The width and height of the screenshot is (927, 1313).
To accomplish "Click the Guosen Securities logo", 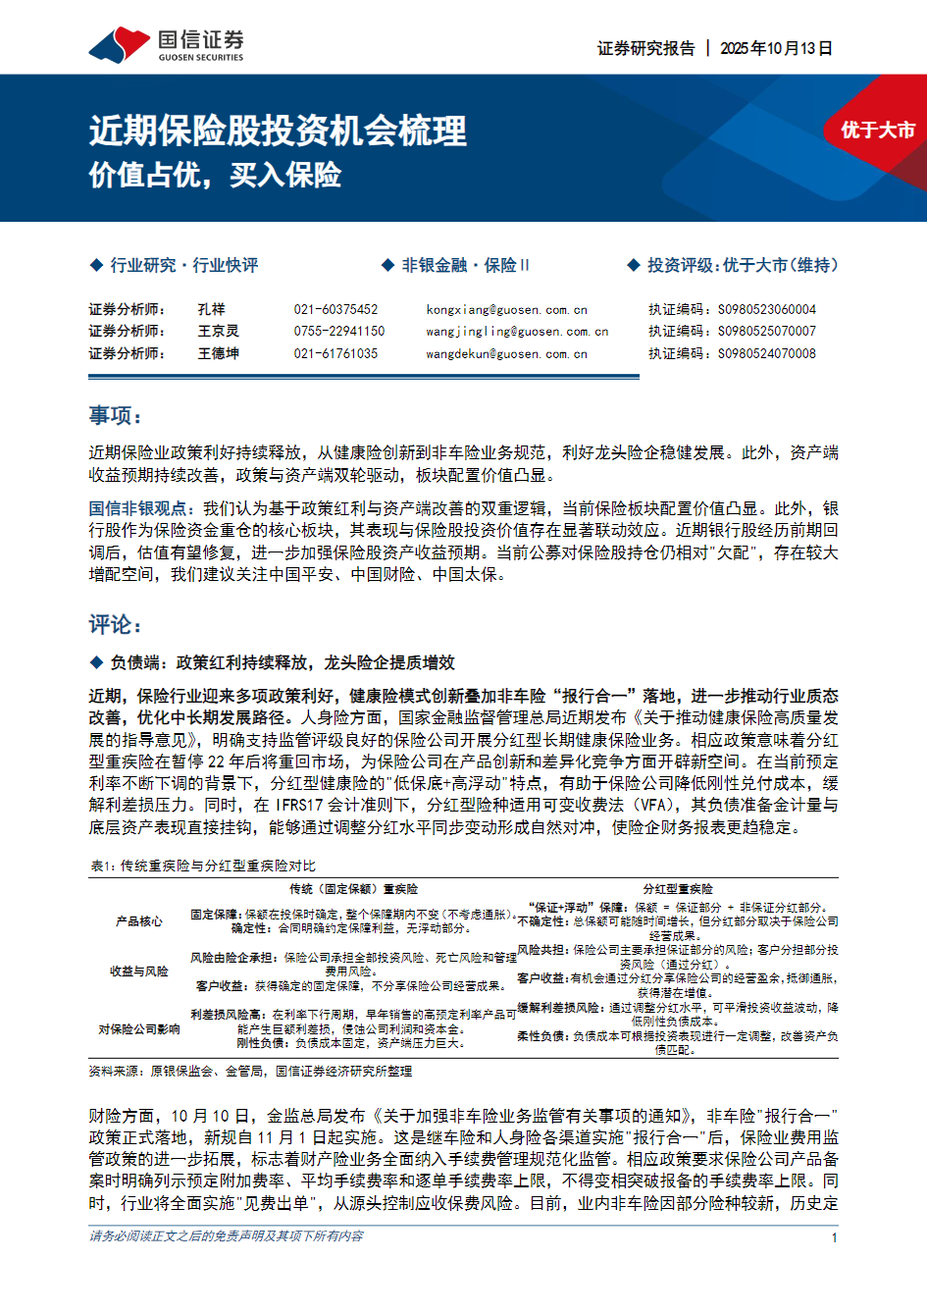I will click(166, 45).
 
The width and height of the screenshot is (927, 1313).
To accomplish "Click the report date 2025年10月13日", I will click(776, 48).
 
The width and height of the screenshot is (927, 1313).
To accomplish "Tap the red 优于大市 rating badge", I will click(877, 130).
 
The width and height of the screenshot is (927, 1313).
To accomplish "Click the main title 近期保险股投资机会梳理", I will click(278, 131).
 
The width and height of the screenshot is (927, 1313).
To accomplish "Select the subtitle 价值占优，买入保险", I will click(215, 175).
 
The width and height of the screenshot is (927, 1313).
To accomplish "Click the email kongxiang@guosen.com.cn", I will click(506, 309).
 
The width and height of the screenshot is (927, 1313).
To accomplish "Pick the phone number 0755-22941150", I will click(339, 332).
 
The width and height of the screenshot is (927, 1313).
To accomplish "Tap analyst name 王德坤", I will click(218, 353).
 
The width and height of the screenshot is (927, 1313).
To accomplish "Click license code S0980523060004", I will click(766, 309).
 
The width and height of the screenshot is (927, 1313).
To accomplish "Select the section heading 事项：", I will click(116, 416).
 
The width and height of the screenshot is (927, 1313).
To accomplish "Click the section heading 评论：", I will click(116, 625).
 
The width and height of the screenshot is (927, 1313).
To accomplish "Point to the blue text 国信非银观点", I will click(137, 508).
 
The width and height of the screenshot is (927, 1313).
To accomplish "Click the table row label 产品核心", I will click(138, 921).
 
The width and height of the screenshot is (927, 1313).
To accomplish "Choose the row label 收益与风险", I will click(138, 971).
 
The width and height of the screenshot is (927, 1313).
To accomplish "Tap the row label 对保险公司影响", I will click(138, 1028).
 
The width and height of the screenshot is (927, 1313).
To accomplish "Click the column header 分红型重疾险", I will click(678, 888).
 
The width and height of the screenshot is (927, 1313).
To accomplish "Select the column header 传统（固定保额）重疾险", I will click(353, 888).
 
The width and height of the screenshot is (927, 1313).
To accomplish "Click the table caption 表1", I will click(202, 866).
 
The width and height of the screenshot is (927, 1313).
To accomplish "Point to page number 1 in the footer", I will click(835, 1237).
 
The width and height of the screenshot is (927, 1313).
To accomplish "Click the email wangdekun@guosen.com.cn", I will click(506, 354).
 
